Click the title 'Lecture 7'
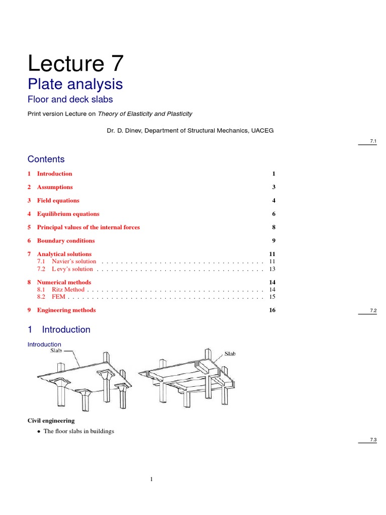pyautogui.click(x=75, y=64)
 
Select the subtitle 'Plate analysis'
pyautogui.click(x=75, y=83)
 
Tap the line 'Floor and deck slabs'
pyautogui.click(x=70, y=100)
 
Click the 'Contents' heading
pyautogui.click(x=46, y=159)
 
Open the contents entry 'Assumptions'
pyautogui.click(x=55, y=187)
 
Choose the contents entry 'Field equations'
pyautogui.click(x=58, y=201)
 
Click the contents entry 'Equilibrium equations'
pyautogui.click(x=68, y=214)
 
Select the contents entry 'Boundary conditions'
pyautogui.click(x=66, y=241)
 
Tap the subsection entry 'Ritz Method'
pyautogui.click(x=68, y=290)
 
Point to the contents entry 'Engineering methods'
pyautogui.click(x=66, y=310)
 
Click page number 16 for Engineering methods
pyautogui.click(x=272, y=310)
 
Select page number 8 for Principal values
pyautogui.click(x=274, y=227)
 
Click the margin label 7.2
pyautogui.click(x=373, y=311)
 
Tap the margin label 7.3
pyautogui.click(x=373, y=440)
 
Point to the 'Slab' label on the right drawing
pyautogui.click(x=226, y=354)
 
